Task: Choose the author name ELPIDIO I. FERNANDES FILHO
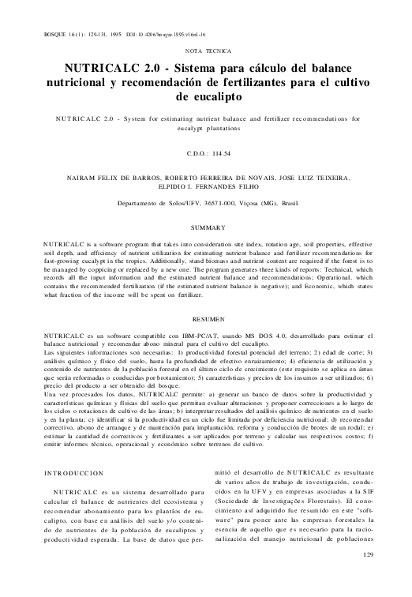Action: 207,188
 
